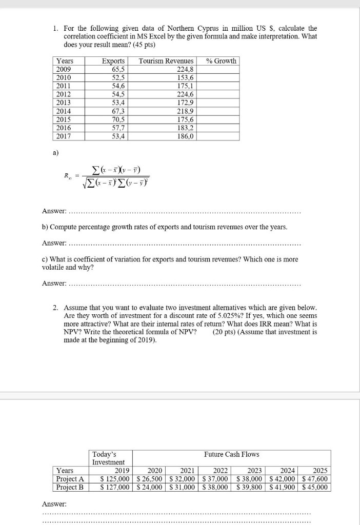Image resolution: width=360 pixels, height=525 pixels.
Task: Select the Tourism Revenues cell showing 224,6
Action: click(x=186, y=94)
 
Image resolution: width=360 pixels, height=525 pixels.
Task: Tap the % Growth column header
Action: click(x=221, y=61)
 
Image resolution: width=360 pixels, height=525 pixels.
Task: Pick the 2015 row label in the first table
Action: click(x=64, y=119)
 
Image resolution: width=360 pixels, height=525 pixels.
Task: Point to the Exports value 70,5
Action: click(x=118, y=119)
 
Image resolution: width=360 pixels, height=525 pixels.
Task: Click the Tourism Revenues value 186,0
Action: click(x=186, y=136)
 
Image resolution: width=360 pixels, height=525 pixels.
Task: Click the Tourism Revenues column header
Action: click(x=166, y=61)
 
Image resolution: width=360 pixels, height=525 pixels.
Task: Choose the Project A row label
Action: click(x=70, y=479)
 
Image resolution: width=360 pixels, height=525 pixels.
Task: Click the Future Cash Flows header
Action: click(x=231, y=454)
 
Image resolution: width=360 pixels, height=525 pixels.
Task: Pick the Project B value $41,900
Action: click(x=283, y=487)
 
